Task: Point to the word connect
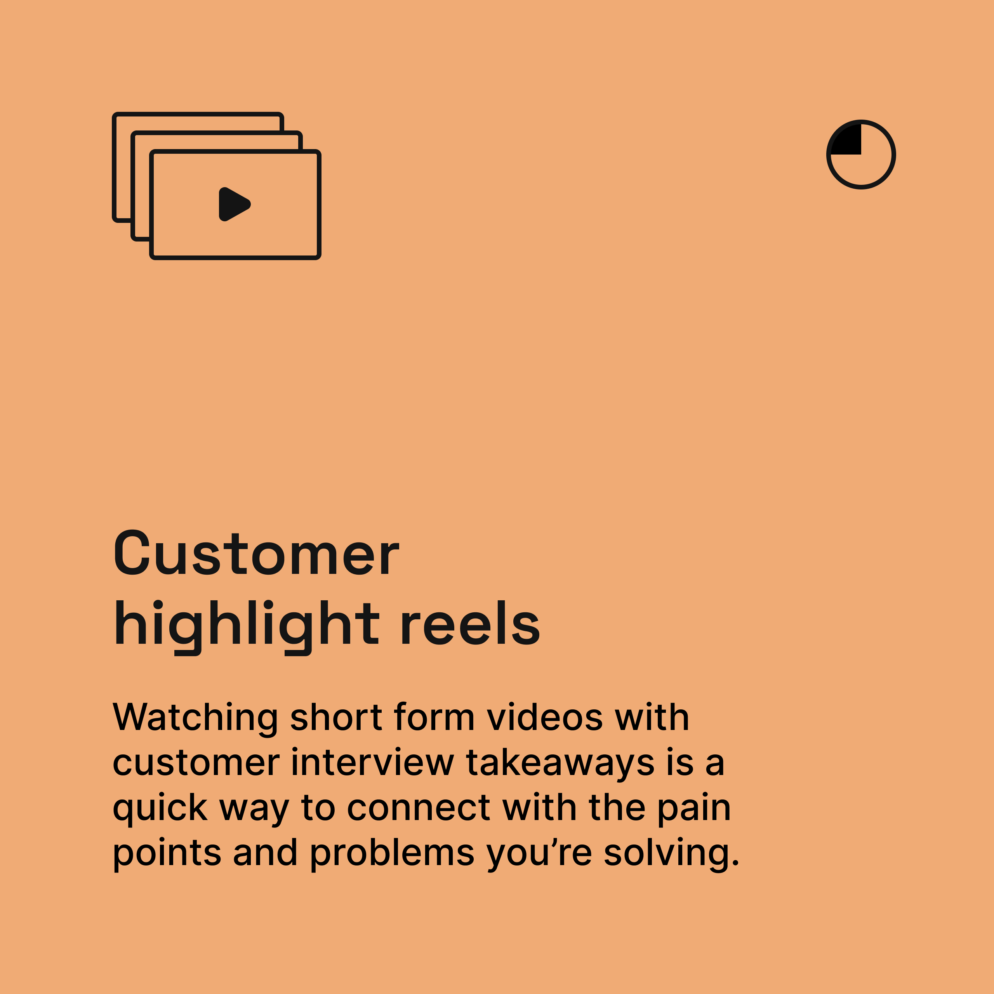418,808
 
